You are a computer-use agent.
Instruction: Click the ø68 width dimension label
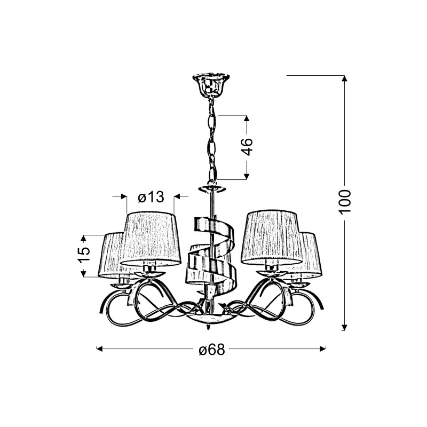[x=212, y=349]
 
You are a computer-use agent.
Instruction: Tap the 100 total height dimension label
[x=345, y=202]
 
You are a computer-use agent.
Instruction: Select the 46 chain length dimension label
[x=247, y=147]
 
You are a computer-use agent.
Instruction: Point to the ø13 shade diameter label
[x=151, y=196]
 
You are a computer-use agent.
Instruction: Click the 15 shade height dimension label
[x=84, y=255]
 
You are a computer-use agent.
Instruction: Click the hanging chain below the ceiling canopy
[x=212, y=141]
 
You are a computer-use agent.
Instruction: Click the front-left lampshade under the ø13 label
[x=151, y=239]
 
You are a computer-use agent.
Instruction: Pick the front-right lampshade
[x=272, y=238]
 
